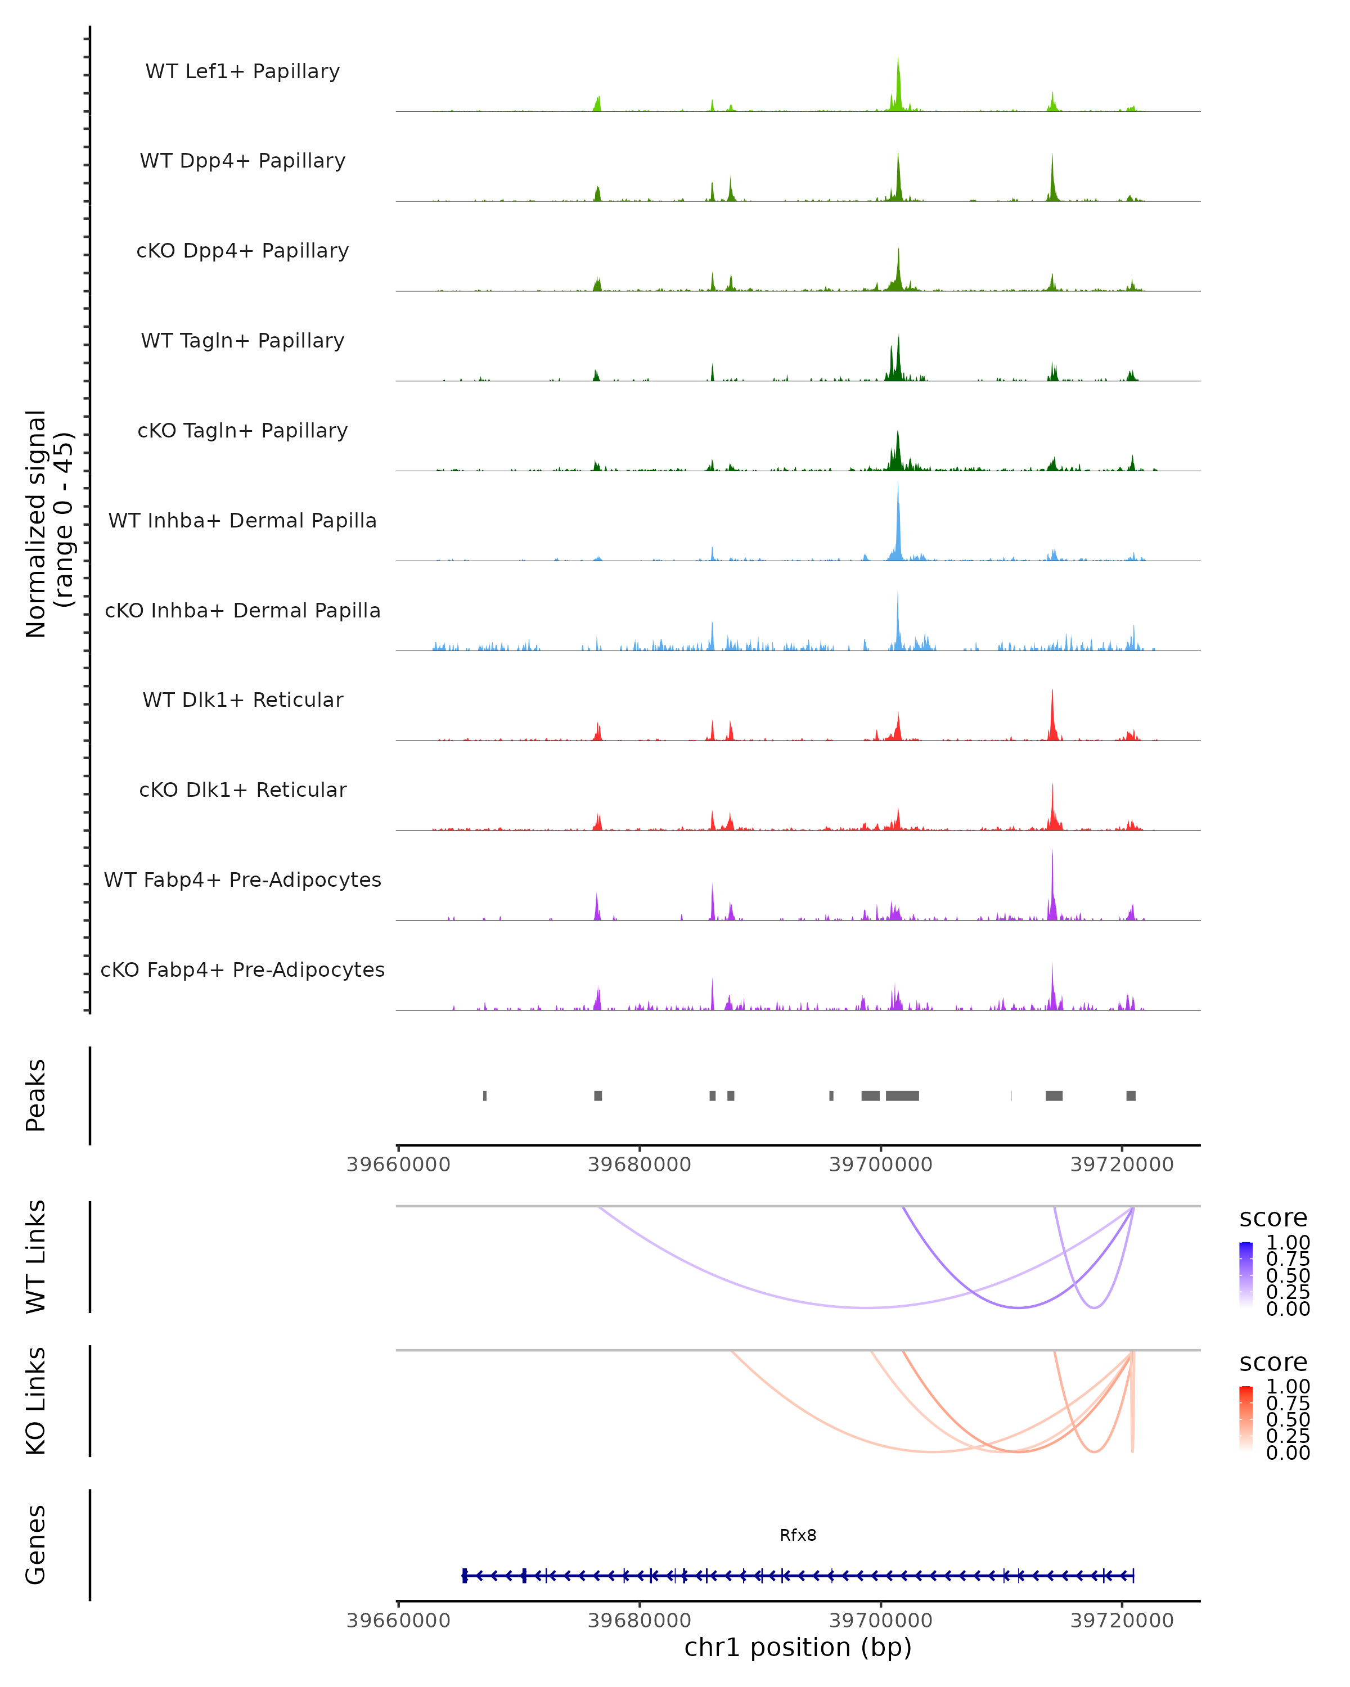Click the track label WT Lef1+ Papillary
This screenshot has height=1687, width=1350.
pyautogui.click(x=242, y=71)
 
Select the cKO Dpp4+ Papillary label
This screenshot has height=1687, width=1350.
pyautogui.click(x=242, y=251)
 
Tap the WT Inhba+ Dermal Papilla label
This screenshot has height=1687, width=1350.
pyautogui.click(x=242, y=521)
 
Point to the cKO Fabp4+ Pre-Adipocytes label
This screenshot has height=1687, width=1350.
pyautogui.click(x=242, y=970)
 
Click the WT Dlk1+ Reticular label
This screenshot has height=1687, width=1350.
pyautogui.click(x=242, y=700)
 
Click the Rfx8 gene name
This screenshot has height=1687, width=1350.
pyautogui.click(x=798, y=1535)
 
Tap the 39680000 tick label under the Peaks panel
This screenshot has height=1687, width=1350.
pyautogui.click(x=640, y=1165)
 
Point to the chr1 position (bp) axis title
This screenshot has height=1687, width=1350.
pyautogui.click(x=798, y=1648)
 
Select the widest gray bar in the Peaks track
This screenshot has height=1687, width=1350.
pyautogui.click(x=902, y=1095)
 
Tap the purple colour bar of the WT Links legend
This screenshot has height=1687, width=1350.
pyautogui.click(x=1246, y=1275)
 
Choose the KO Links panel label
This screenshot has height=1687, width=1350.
pyautogui.click(x=36, y=1401)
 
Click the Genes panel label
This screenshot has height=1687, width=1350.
pyautogui.click(x=36, y=1545)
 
